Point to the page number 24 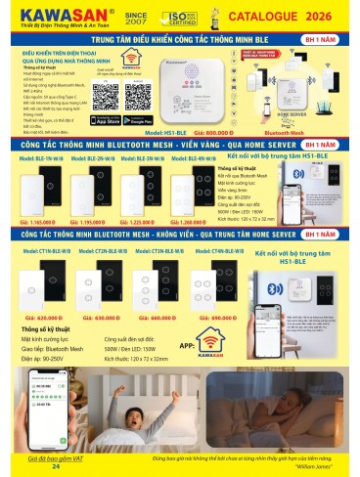coord(56,468)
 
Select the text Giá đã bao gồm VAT coord(57,458)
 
